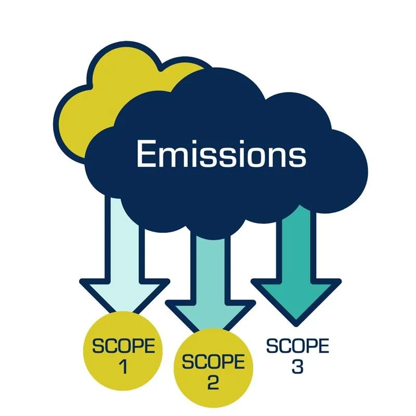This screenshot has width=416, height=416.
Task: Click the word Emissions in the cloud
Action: coord(221,154)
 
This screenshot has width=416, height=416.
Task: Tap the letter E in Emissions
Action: coord(146,154)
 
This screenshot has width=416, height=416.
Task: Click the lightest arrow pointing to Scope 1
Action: coord(125,270)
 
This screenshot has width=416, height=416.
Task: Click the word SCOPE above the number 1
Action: coord(123,346)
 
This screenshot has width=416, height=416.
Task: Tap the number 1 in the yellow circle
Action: coord(123,367)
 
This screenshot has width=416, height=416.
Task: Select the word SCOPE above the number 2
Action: coord(213,362)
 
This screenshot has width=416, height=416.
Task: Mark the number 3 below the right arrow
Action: coord(297,367)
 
